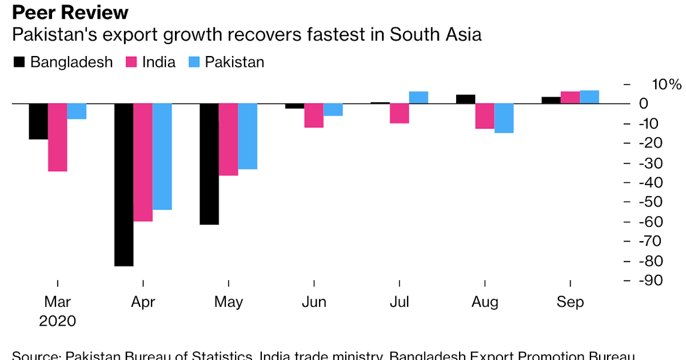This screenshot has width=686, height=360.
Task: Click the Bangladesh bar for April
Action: click(124, 185)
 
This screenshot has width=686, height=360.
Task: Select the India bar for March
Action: click(57, 137)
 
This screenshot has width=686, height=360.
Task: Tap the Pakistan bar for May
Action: click(248, 137)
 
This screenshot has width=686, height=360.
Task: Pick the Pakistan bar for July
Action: click(418, 98)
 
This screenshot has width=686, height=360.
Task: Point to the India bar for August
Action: click(485, 116)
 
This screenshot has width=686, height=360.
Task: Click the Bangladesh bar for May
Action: click(209, 164)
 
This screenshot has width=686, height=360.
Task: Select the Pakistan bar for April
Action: click(162, 157)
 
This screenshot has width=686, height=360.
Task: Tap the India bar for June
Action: click(314, 115)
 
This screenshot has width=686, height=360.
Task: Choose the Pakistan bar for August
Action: click(504, 118)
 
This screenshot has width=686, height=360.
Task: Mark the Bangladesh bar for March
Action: click(38, 121)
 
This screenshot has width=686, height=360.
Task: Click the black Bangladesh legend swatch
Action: click(19, 62)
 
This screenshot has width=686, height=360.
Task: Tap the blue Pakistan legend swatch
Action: click(194, 62)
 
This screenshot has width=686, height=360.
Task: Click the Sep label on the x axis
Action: click(571, 302)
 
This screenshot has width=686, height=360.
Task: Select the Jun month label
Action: click(314, 302)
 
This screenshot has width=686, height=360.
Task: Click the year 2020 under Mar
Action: click(57, 321)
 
